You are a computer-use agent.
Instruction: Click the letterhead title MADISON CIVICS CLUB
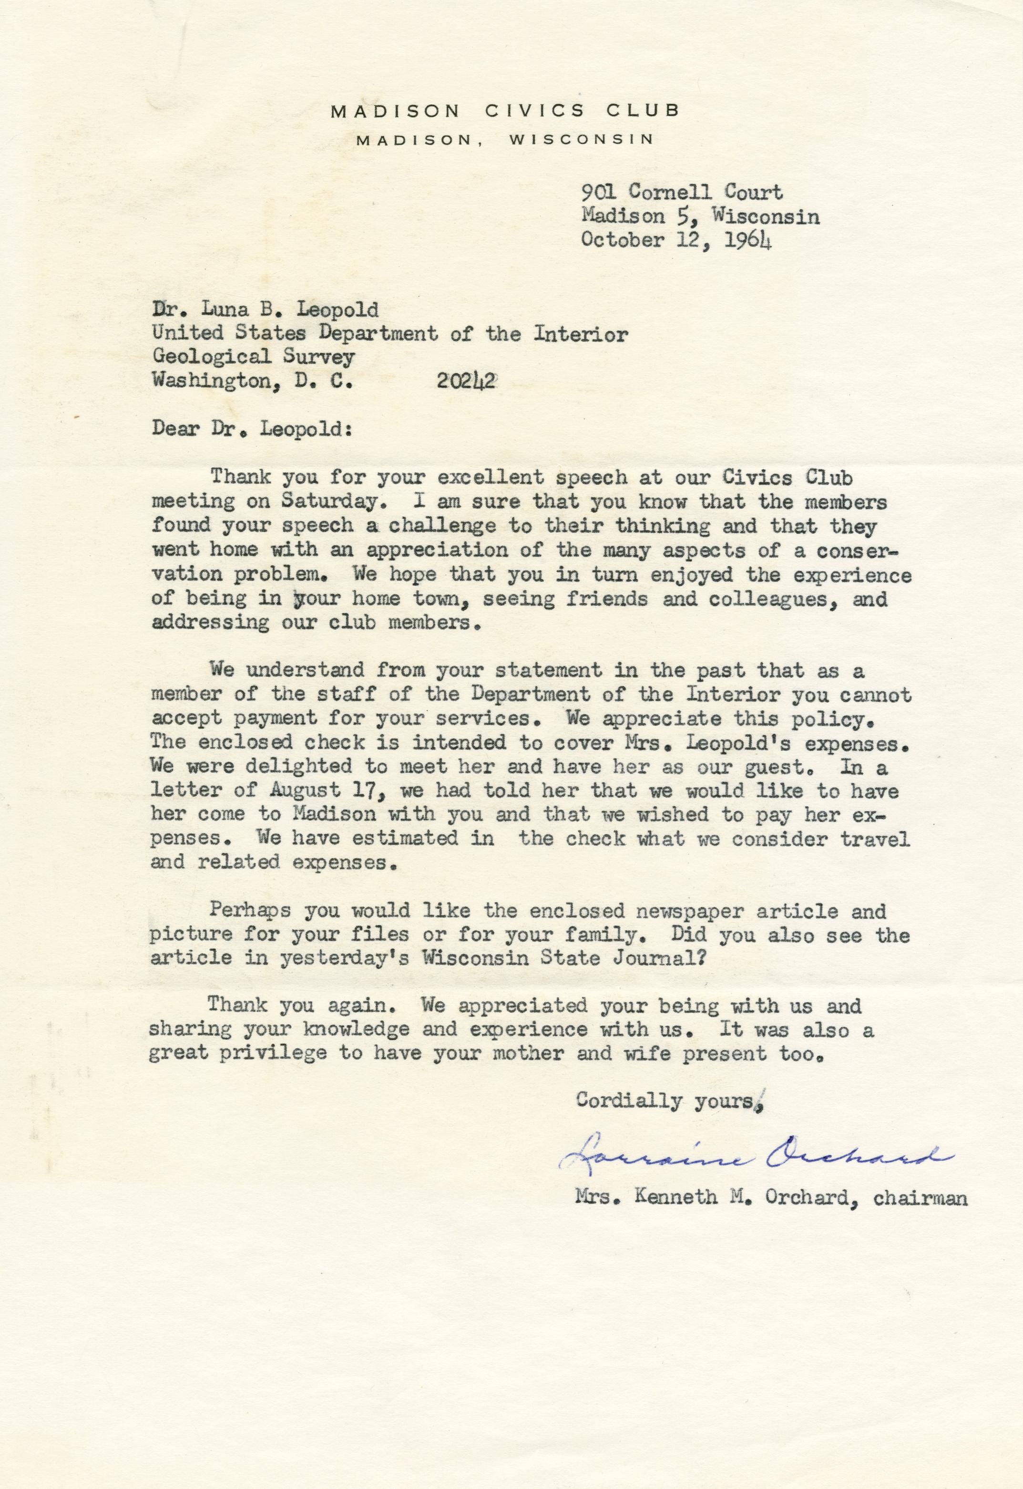tap(504, 112)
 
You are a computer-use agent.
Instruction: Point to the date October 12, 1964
tap(675, 240)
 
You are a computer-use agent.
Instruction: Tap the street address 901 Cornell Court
tap(681, 192)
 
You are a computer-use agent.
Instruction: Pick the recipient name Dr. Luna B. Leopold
tap(265, 310)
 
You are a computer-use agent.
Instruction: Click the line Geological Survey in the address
tap(253, 357)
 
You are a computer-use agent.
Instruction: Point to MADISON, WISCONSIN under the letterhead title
tap(504, 140)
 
